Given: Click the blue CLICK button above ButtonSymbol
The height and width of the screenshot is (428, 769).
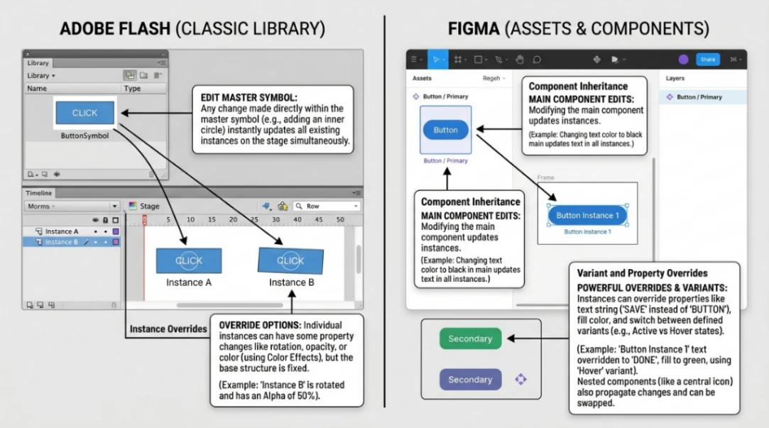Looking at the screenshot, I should click(84, 113).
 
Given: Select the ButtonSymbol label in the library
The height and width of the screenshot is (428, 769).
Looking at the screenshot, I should click(84, 136).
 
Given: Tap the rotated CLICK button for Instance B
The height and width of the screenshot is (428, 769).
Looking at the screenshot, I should click(290, 260).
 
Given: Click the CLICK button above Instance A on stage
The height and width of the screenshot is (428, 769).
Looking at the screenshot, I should click(189, 260).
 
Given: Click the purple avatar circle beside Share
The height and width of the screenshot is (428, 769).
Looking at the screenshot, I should click(683, 60).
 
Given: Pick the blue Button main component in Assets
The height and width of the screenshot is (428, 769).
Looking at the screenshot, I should click(445, 130).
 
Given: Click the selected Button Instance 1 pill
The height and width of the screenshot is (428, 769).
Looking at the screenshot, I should click(587, 215).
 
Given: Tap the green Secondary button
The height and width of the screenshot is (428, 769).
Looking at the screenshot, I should click(470, 339).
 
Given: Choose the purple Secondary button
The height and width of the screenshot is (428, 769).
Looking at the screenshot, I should click(470, 380).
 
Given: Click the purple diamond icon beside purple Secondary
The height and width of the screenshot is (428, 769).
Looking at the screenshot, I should click(520, 380).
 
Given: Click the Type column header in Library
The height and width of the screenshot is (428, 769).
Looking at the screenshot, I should click(133, 89).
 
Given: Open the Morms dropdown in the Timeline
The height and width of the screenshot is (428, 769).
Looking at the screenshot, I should click(71, 207).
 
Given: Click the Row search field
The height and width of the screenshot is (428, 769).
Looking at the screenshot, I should click(327, 207).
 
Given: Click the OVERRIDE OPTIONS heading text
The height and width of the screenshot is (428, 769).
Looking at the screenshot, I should click(260, 324).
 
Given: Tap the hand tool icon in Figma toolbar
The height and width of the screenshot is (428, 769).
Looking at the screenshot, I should click(519, 60).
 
